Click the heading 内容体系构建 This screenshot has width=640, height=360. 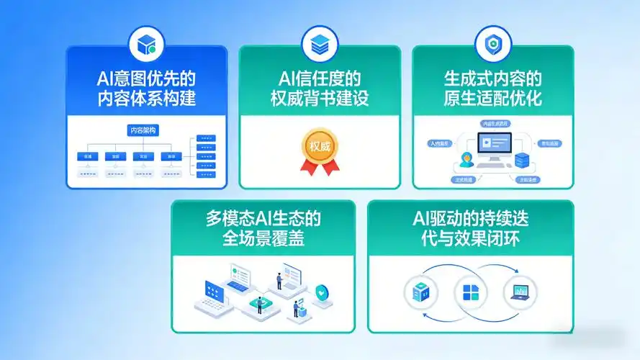point(146,99)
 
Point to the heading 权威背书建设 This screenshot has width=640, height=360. point(319,99)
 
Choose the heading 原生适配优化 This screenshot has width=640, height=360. point(492,99)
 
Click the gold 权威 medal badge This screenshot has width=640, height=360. point(319,146)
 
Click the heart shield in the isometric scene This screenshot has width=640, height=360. point(321,292)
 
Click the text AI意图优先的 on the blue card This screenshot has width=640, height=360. point(146,78)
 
